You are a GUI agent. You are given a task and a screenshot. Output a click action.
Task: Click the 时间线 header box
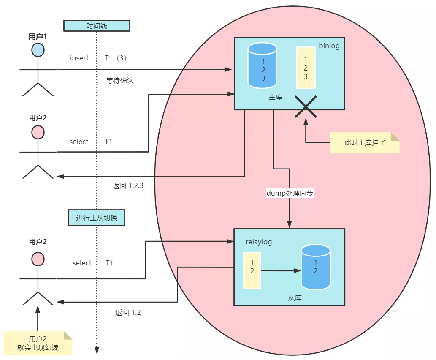coord(97,26)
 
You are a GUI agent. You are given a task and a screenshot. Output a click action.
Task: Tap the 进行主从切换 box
coord(97,218)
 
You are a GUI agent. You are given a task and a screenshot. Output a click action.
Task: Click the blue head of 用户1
coord(38,50)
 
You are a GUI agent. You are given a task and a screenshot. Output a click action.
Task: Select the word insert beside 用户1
coord(79,58)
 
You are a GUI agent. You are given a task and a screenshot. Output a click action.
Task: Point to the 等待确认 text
coord(120,80)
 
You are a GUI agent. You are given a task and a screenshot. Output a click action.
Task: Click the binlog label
coord(329,46)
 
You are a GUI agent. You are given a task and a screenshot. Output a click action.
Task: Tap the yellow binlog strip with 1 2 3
coord(306,68)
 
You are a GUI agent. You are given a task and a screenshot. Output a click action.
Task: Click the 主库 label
coord(275,97)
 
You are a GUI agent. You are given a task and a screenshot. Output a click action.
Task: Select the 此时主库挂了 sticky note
coord(364,143)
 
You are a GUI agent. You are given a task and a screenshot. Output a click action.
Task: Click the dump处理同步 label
coord(290,193)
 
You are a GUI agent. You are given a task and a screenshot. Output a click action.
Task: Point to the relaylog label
coord(259,242)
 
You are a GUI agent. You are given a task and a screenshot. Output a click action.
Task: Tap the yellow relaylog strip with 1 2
coord(252,270)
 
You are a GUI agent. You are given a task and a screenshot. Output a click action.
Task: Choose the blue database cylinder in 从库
coord(315,267)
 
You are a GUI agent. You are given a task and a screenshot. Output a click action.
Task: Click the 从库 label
coord(295,297)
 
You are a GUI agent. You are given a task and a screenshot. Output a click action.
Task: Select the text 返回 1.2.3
coord(128,185)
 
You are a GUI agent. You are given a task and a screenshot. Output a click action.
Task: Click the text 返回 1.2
coord(128,313)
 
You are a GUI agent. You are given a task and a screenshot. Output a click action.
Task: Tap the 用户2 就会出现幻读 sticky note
coord(38,343)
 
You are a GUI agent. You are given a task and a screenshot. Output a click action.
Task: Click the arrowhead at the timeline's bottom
coord(97,350)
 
